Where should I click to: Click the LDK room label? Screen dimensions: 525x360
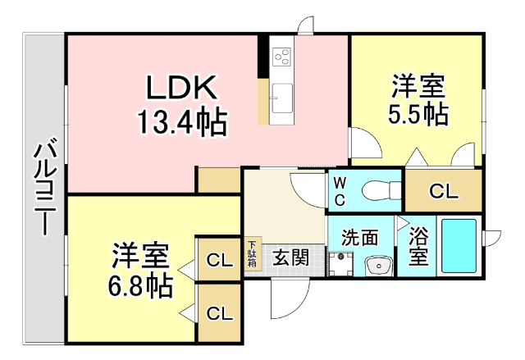point(181,87)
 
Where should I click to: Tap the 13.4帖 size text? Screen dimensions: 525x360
point(182,122)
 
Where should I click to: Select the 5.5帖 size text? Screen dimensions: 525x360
point(418,115)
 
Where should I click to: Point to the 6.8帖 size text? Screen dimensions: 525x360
point(140,286)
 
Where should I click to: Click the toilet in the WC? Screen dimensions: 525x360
point(381,191)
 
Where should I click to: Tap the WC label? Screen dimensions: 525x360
point(340,192)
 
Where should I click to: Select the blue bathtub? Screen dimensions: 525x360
point(459,246)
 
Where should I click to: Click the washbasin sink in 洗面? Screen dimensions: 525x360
point(379,267)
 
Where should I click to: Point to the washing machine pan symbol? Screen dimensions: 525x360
point(340,264)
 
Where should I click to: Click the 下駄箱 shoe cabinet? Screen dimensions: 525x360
point(252,253)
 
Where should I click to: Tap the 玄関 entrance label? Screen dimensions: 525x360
point(290,257)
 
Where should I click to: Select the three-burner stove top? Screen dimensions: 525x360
point(281,57)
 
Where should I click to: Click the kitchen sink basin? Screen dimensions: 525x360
point(282,98)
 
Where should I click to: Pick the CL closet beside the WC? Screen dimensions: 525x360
point(444,191)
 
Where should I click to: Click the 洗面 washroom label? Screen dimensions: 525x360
point(360,237)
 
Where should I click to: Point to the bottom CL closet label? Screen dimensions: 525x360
point(220,313)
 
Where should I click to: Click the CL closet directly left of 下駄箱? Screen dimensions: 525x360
point(220,259)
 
